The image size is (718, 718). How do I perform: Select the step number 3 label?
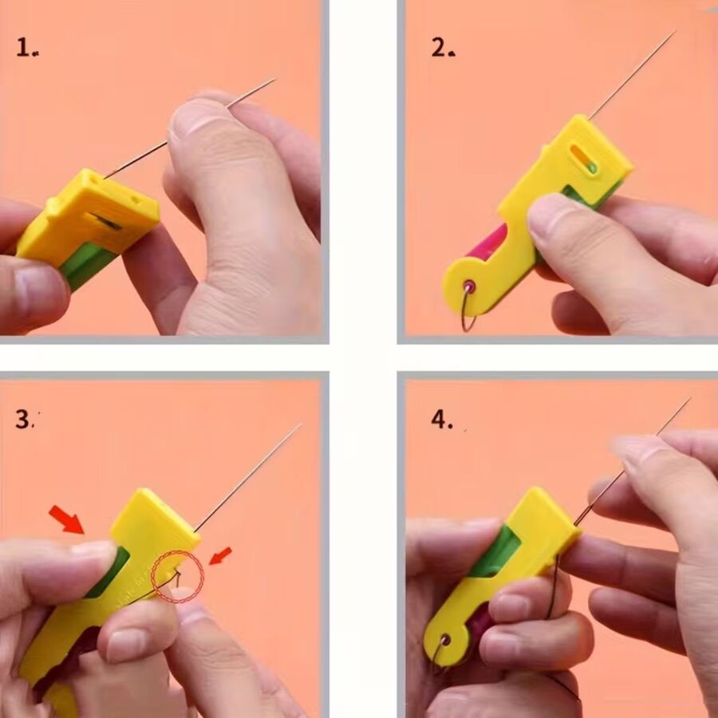[x=26, y=420]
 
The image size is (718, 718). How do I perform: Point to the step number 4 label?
[x=441, y=420]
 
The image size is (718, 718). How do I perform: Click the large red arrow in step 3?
[x=67, y=519]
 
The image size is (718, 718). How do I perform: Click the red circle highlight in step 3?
[x=177, y=575]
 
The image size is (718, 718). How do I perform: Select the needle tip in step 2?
[x=672, y=34]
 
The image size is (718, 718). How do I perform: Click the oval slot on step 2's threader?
[x=582, y=159]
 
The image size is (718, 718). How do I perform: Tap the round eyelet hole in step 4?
[x=443, y=640]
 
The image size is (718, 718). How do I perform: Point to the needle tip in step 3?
[x=298, y=426]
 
